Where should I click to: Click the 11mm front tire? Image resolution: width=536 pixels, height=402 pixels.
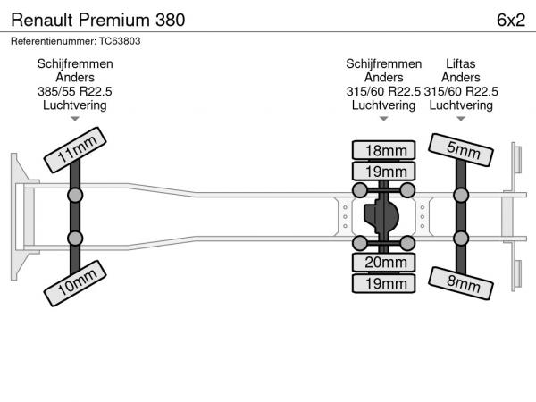[x=75, y=150]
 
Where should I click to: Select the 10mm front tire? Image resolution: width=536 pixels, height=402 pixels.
[x=75, y=283]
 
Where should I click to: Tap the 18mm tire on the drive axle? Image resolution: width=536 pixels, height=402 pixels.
[x=383, y=150]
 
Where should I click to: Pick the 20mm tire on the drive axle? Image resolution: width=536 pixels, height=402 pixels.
[x=383, y=262]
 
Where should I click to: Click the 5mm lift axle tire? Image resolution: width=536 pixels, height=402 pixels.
[x=461, y=150]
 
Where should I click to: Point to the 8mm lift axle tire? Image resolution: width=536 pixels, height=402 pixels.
[x=461, y=283]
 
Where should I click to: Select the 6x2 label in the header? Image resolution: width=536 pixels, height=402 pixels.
[x=511, y=20]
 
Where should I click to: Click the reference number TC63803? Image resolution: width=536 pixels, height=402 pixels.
[x=120, y=41]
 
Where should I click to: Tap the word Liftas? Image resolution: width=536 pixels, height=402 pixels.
[x=461, y=63]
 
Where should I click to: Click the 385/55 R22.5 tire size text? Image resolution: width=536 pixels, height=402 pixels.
[x=75, y=92]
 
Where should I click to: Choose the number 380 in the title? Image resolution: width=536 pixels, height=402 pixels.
[x=171, y=20]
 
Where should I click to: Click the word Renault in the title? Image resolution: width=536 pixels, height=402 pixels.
[x=42, y=20]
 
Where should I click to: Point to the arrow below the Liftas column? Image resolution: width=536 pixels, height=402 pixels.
[x=461, y=119]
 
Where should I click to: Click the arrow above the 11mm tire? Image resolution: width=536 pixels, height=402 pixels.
[x=75, y=119]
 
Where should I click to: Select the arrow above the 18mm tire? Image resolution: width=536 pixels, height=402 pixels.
[x=383, y=119]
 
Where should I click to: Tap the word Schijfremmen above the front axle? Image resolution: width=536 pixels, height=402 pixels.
[x=75, y=64]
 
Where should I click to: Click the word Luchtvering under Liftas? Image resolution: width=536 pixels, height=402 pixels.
[x=461, y=105]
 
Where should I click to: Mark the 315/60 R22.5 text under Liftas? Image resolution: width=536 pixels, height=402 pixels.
[x=461, y=92]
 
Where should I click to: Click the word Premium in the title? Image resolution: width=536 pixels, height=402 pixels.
[x=114, y=20]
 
